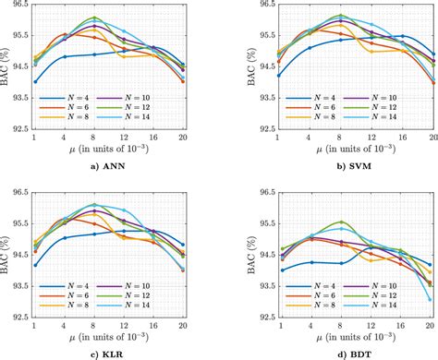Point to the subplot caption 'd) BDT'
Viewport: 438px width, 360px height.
(x=327, y=352)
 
